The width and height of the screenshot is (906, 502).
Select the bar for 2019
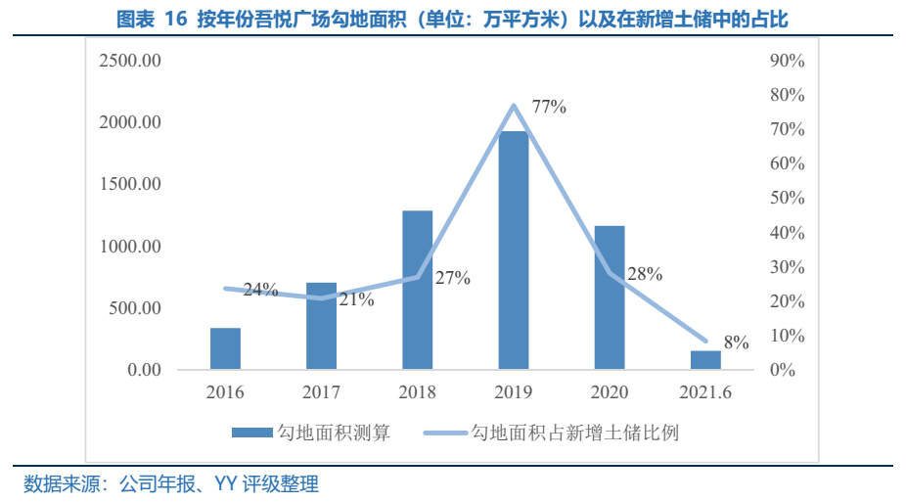[514, 251]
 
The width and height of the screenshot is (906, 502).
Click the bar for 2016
[225, 348]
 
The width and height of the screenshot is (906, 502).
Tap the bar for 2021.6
[705, 359]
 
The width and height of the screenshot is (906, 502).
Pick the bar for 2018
[418, 290]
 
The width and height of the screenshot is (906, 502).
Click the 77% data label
[549, 107]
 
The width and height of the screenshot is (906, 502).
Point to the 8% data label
[736, 342]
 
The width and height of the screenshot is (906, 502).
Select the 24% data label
[260, 289]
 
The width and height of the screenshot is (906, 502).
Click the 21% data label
[356, 299]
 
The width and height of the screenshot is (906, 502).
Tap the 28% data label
[645, 274]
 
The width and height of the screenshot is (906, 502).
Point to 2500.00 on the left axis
[130, 61]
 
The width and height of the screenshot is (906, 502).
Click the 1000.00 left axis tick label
[130, 247]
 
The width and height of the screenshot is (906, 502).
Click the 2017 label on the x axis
[321, 393]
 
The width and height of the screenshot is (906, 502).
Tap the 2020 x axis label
[610, 393]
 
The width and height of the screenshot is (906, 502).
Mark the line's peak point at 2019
[514, 106]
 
